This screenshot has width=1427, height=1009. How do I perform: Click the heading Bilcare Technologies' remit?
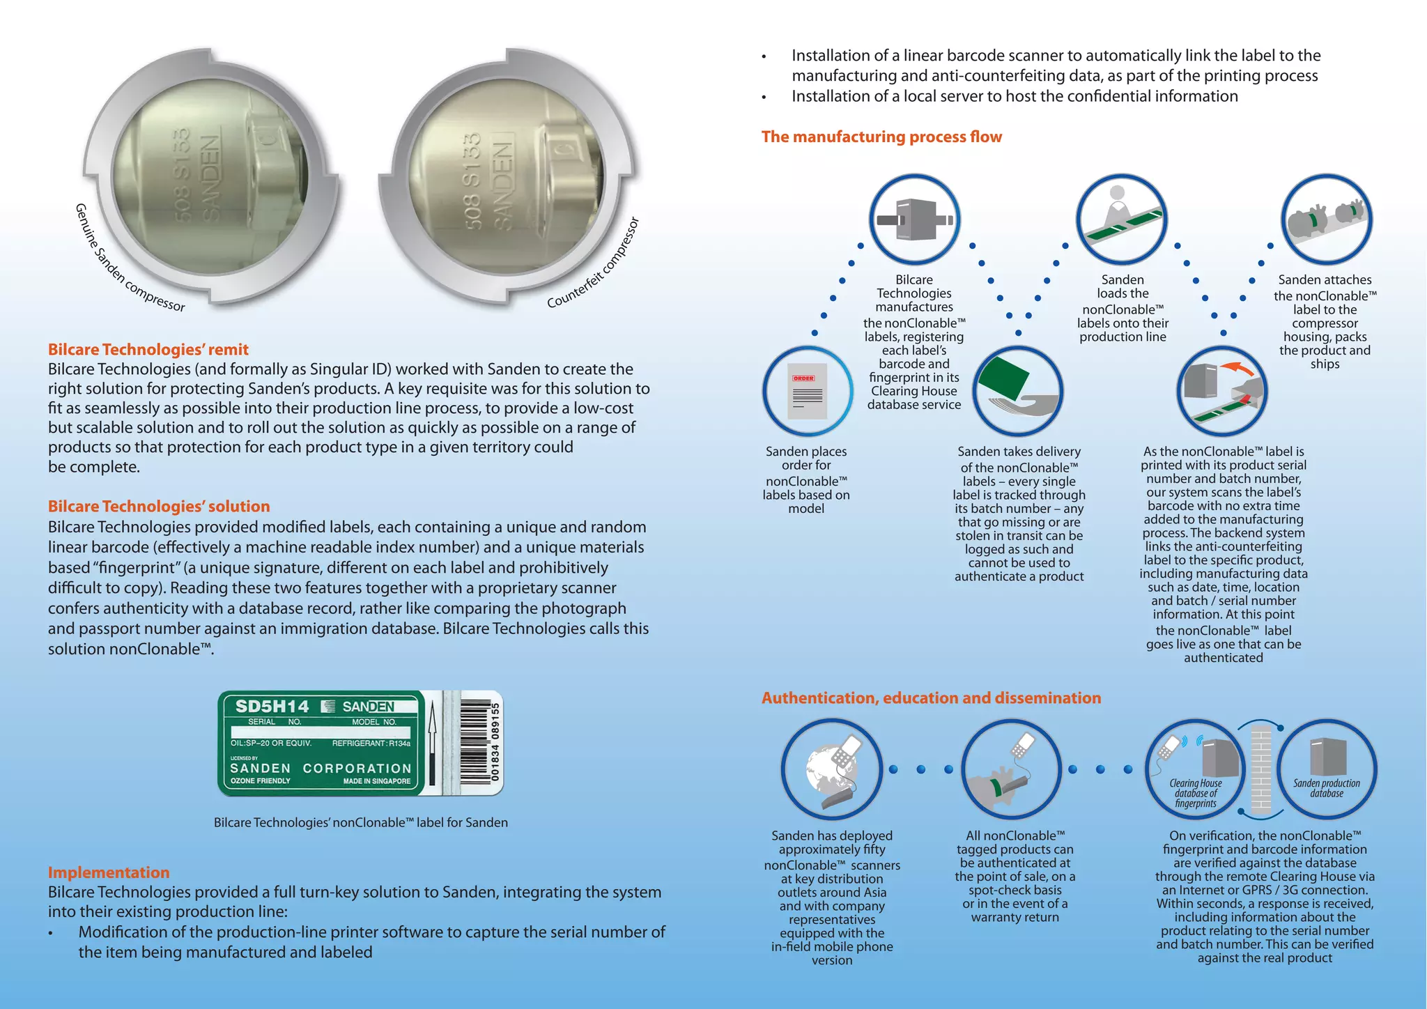coord(148,349)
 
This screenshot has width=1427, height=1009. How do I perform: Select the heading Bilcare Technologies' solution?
coord(159,507)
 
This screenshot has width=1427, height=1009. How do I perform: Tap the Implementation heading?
coord(109,872)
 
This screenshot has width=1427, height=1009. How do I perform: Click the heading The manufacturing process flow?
coord(881,137)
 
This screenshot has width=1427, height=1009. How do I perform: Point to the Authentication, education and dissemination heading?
coord(931,698)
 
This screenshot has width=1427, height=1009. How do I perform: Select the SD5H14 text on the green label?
coord(272,707)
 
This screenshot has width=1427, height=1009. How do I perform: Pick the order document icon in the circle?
coord(807,391)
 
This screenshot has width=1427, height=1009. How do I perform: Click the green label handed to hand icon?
coord(1017,391)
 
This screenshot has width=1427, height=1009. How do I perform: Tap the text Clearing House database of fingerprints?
coord(1195,793)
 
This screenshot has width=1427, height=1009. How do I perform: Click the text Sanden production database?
coord(1327,788)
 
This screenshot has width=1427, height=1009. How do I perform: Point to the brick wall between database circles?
coord(1260,769)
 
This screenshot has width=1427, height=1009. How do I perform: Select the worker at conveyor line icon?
coord(1121,219)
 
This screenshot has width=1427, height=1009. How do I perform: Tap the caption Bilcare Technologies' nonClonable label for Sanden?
coord(360,822)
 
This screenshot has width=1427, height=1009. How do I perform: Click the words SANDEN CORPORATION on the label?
coord(321,768)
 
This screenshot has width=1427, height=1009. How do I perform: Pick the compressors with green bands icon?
coord(1326,219)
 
